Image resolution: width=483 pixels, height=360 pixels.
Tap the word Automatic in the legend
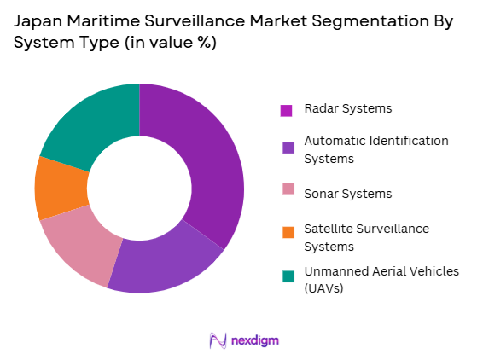tap(333, 140)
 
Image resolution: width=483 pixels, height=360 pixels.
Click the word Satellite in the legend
tap(324, 229)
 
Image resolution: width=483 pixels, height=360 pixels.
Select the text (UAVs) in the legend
tap(321, 288)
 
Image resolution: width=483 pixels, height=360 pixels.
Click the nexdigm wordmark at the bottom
tap(254, 340)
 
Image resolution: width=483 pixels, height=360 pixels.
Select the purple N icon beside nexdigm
tap(218, 340)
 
